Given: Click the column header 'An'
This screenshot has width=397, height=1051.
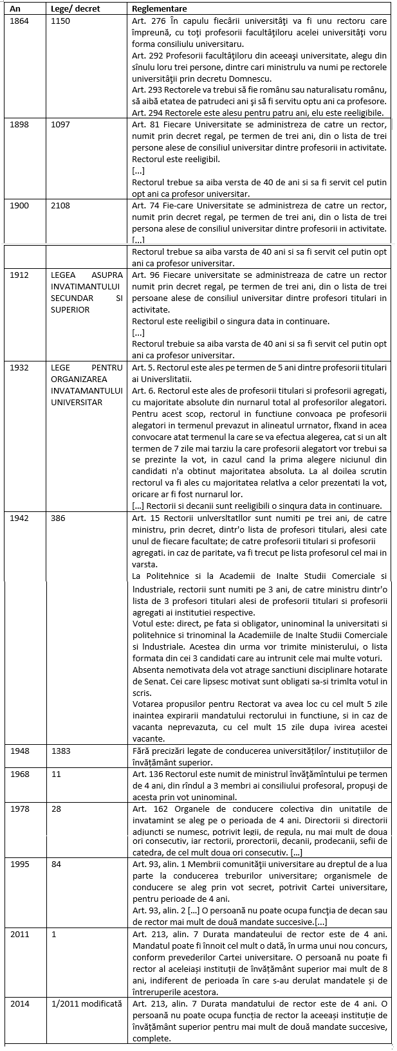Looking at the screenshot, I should (x=15, y=10).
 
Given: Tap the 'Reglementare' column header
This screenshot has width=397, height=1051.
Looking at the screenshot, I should (x=159, y=10).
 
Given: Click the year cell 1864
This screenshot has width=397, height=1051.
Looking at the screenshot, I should (x=19, y=21).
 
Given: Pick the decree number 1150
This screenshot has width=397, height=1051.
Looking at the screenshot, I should (x=60, y=21).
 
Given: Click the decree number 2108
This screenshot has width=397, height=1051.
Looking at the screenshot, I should (x=60, y=206).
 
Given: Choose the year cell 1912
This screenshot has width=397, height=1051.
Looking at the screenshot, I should (x=19, y=275).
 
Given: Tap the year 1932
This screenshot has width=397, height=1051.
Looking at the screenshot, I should (x=19, y=367).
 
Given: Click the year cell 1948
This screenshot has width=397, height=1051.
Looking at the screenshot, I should (x=19, y=751).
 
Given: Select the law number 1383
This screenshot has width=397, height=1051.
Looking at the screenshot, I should (x=60, y=751).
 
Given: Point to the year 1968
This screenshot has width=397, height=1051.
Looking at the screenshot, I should (x=19, y=774).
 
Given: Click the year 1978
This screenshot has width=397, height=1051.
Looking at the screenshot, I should (x=19, y=809).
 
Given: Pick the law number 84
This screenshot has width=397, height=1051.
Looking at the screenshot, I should (x=56, y=864).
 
